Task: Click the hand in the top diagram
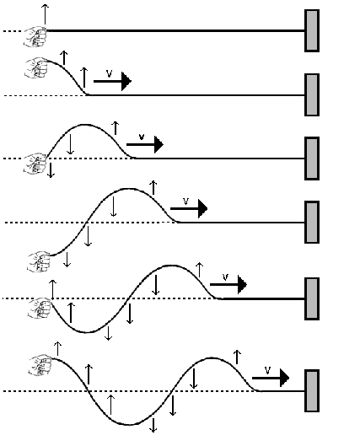pyautogui.click(x=35, y=37)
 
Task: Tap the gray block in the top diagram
pyautogui.click(x=312, y=30)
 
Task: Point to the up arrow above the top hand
pyautogui.click(x=45, y=14)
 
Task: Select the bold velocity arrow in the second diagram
pyautogui.click(x=112, y=81)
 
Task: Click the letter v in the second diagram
pyautogui.click(x=110, y=73)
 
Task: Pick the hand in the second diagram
pyautogui.click(x=36, y=67)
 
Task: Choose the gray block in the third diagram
pyautogui.click(x=312, y=159)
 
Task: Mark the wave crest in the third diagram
pyautogui.click(x=85, y=125)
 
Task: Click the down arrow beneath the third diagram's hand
pyautogui.click(x=51, y=170)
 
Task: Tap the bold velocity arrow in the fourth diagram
pyautogui.click(x=189, y=208)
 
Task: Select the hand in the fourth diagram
pyautogui.click(x=39, y=261)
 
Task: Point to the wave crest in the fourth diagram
pyautogui.click(x=128, y=189)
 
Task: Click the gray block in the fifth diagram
pyautogui.click(x=312, y=298)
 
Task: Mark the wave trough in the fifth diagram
pyautogui.click(x=87, y=332)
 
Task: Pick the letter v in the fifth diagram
pyautogui.click(x=225, y=277)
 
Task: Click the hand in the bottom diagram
pyautogui.click(x=40, y=365)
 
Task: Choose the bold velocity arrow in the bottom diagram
pyautogui.click(x=271, y=378)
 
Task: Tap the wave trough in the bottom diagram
pyautogui.click(x=129, y=425)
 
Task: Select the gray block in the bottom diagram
pyautogui.click(x=312, y=391)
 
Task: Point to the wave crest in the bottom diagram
pyautogui.click(x=212, y=357)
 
